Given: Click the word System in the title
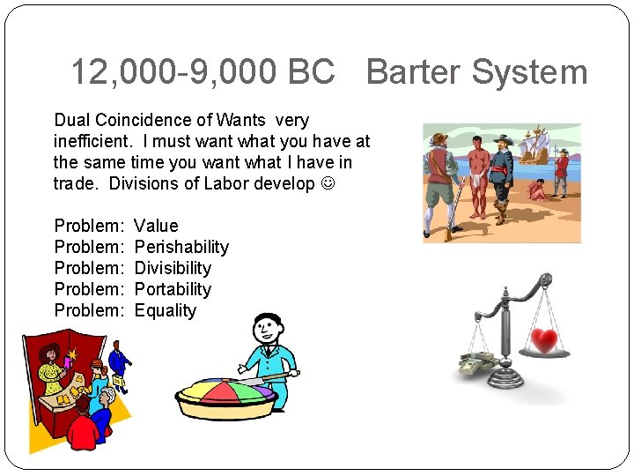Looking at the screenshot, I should coord(531,72).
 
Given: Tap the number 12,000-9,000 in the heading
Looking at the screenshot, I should coord(171,72).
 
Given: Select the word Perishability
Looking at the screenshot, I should coord(181,247).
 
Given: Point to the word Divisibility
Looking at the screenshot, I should coord(173,268).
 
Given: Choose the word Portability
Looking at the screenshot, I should coord(173,289).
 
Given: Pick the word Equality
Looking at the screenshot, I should coord(166,310).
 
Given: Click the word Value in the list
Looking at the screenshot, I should coord(156,226).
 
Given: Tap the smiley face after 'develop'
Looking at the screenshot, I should coord(328,184).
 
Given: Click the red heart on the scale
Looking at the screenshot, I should coord(547,341).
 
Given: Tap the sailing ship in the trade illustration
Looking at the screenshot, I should coord(539,145).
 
